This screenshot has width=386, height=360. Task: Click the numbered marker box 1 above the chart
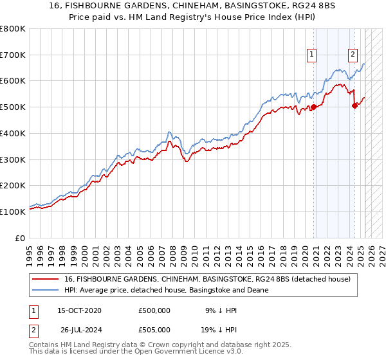tap(312, 55)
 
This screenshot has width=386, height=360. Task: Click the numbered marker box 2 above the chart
tap(353, 55)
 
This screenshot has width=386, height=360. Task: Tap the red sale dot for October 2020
tap(314, 107)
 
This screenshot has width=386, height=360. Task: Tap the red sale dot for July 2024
tap(354, 106)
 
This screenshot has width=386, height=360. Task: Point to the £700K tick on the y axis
tap(14, 55)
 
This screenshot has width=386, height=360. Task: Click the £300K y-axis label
tap(14, 159)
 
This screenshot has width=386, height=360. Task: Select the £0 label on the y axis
tap(21, 238)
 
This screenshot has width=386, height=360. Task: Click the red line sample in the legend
tap(46, 279)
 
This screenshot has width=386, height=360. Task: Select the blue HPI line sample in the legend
tap(46, 290)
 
